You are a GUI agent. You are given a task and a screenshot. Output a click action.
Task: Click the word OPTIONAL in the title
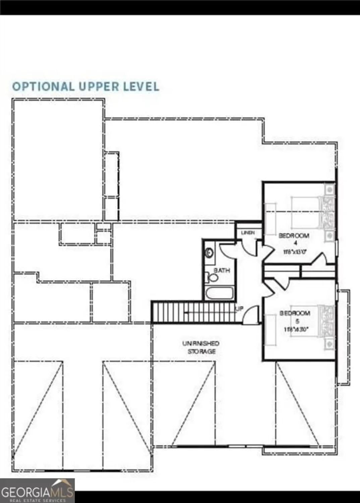click(43, 87)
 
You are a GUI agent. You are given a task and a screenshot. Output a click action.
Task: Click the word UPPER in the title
click(99, 87)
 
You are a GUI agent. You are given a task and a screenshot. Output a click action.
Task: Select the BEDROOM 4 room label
click(294, 238)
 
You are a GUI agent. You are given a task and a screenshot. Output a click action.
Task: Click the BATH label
click(222, 270)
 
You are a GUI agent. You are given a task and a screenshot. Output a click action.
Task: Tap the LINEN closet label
click(248, 232)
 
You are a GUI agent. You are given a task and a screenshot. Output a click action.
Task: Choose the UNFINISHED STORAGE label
click(201, 347)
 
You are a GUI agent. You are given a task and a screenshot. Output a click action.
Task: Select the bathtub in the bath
click(220, 293)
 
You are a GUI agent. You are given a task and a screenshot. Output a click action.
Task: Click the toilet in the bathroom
click(212, 277)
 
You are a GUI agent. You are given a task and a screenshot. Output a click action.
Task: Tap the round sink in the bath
click(210, 253)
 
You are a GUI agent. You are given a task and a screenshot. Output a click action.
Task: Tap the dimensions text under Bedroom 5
click(296, 329)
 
